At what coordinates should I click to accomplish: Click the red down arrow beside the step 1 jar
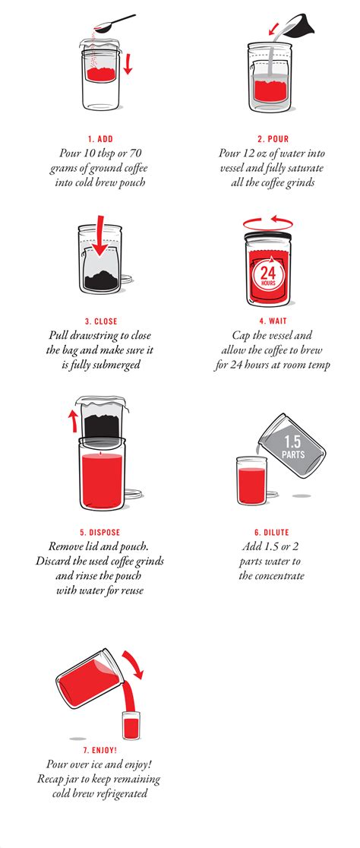[128, 63]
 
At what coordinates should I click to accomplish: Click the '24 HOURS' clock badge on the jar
[267, 275]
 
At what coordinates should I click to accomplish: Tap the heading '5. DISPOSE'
[99, 533]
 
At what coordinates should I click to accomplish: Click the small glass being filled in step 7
[131, 725]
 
